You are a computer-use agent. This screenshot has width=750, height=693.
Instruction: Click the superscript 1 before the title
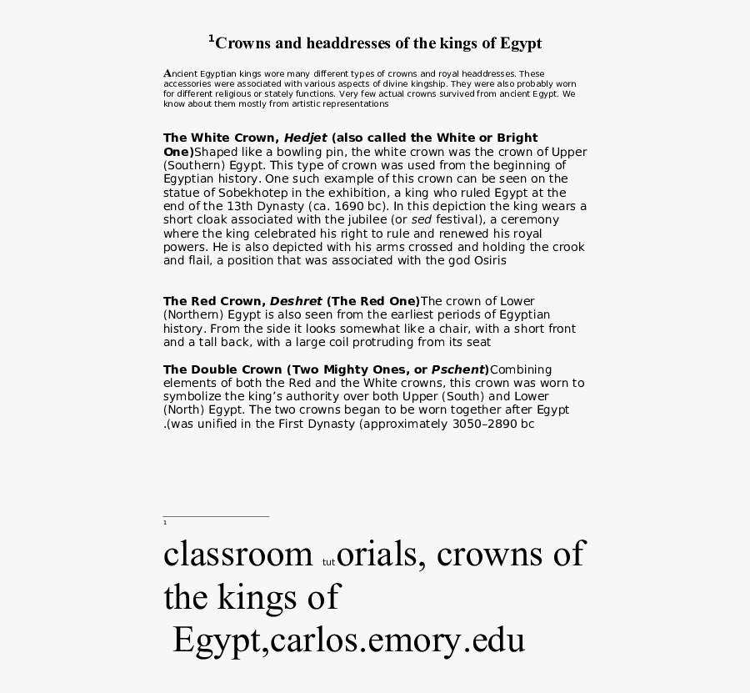212,38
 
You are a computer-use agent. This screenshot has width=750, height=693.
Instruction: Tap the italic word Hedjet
306,138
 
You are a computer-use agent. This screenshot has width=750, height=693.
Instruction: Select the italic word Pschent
458,369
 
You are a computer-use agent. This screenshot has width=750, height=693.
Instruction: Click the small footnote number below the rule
165,523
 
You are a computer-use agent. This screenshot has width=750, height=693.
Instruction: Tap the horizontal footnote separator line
216,516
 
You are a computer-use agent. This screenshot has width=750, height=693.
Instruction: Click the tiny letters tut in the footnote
327,562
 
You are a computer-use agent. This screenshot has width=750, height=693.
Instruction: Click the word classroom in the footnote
237,554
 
